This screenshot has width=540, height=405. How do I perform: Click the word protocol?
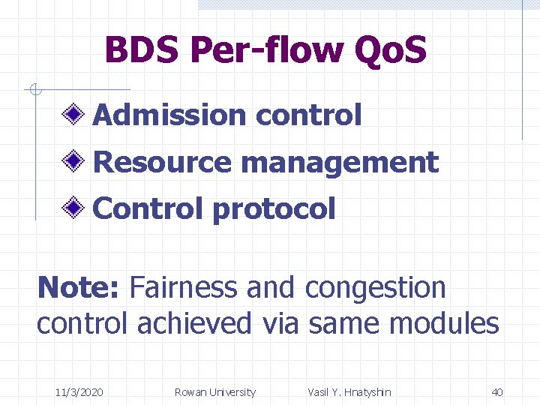click(x=274, y=209)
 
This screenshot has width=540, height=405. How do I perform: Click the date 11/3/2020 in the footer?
click(x=79, y=391)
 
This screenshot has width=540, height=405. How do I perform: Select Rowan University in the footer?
click(x=214, y=391)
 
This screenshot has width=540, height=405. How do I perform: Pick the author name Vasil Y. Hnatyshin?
click(x=349, y=391)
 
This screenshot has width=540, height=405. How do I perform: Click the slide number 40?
click(x=496, y=391)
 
